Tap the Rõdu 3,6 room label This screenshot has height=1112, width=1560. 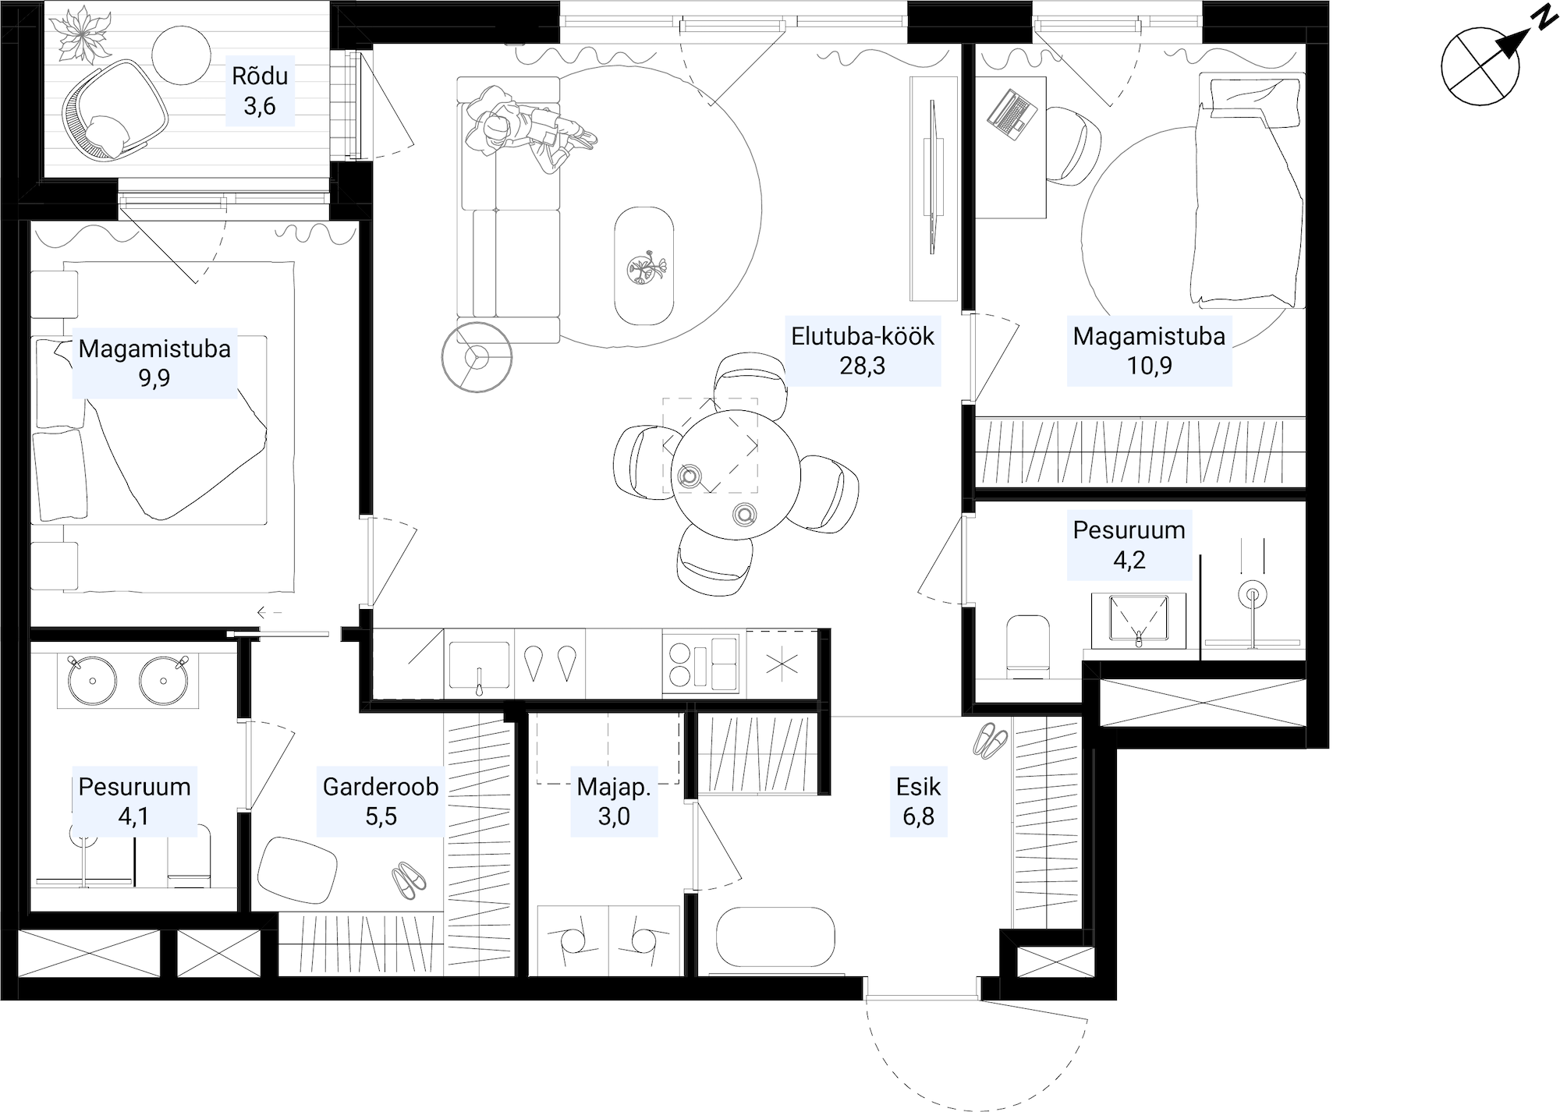[x=260, y=90]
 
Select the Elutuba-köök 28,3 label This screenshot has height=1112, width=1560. [x=863, y=350]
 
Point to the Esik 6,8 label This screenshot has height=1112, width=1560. [x=919, y=802]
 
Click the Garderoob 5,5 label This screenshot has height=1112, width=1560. [x=381, y=802]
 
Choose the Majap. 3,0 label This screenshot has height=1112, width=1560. [x=614, y=802]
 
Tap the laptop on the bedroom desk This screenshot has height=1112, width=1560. [x=1012, y=115]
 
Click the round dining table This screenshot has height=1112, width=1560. [x=736, y=474]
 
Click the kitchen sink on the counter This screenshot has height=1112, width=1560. [x=480, y=667]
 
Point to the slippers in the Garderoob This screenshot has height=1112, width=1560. [x=409, y=880]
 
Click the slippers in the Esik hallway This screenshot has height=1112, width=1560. [x=991, y=741]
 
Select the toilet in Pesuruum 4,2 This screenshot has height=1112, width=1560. [x=1028, y=645]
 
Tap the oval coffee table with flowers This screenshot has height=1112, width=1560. [x=643, y=266]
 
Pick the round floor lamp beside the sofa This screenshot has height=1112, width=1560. [x=477, y=357]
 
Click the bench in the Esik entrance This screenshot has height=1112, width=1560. [x=775, y=937]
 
